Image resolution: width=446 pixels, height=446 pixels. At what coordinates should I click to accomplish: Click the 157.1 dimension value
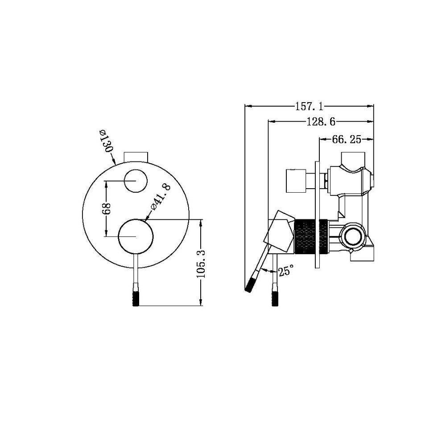coord(309,107)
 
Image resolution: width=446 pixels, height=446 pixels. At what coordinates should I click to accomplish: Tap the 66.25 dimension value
coord(346,140)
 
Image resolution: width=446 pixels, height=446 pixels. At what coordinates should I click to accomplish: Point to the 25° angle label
coord(286,270)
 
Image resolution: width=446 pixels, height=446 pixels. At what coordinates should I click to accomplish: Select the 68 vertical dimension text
coord(107,208)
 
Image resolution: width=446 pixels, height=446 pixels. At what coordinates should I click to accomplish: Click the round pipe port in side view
coord(355,235)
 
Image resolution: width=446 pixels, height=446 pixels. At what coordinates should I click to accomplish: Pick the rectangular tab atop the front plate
coord(136,157)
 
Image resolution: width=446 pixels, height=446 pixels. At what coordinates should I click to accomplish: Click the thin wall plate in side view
coord(317,214)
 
